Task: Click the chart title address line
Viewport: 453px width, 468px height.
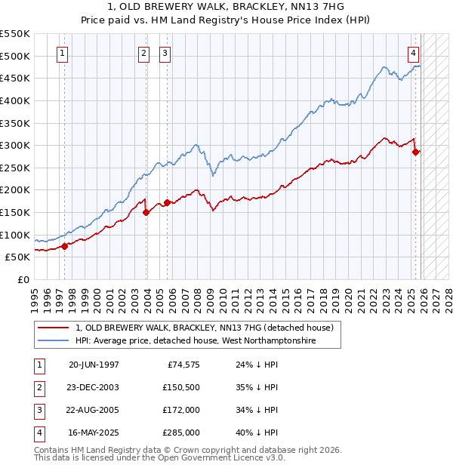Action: pyautogui.click(x=226, y=7)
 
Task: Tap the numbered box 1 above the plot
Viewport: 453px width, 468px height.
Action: pyautogui.click(x=61, y=53)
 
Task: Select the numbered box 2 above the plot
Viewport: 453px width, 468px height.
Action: pyautogui.click(x=143, y=53)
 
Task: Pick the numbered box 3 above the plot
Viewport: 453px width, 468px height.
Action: pyautogui.click(x=165, y=53)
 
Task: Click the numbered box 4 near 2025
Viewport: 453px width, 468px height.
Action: pyautogui.click(x=414, y=53)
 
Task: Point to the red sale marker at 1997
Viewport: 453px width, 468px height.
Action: pyautogui.click(x=65, y=245)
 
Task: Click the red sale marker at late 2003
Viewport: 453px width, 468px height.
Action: pyautogui.click(x=146, y=212)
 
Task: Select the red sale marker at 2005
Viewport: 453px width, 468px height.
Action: pyautogui.click(x=167, y=202)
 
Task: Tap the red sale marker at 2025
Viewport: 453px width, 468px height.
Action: pyautogui.click(x=415, y=152)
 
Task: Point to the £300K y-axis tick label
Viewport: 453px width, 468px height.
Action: pyautogui.click(x=15, y=145)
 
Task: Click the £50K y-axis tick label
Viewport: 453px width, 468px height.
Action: pyautogui.click(x=17, y=257)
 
